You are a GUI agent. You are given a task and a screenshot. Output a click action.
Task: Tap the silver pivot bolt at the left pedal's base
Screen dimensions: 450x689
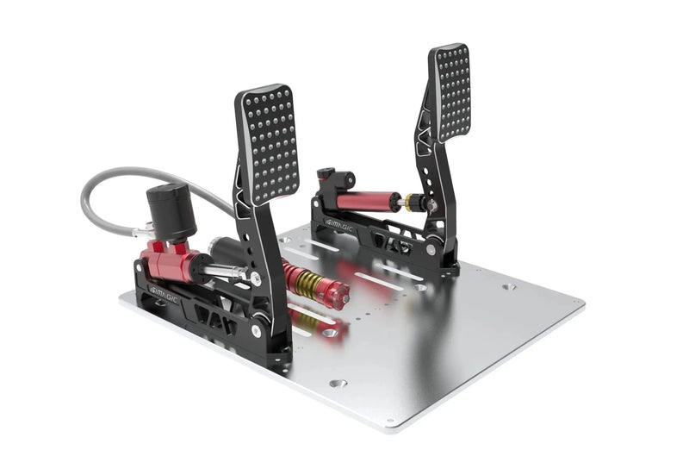[x=258, y=330]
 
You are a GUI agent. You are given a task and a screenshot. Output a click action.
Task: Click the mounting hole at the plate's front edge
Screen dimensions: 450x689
[x=338, y=383]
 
